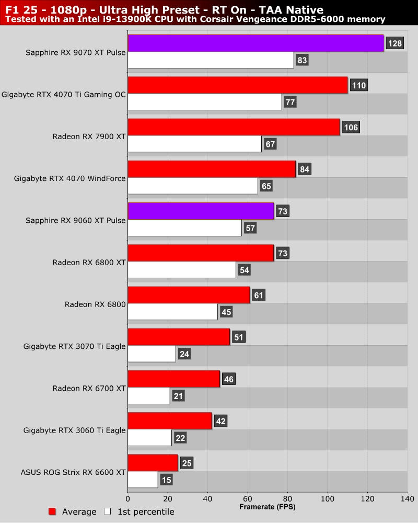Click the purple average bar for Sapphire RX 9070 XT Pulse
coord(256,43)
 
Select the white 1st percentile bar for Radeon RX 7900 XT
coord(194,144)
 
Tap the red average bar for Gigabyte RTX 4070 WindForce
coord(212,169)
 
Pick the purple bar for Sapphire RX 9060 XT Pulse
coord(201,211)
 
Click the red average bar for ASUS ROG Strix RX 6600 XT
coord(153,463)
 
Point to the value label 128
coord(394,43)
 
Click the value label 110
coord(359,85)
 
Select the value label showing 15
coord(167,480)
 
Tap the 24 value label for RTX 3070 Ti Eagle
coord(184,354)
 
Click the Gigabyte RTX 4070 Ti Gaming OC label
coord(64,95)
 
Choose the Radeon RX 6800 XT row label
coord(89,262)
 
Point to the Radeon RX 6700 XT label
coord(89,388)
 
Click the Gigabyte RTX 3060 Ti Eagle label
coord(75,430)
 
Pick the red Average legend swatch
coord(52,511)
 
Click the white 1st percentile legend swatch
coord(108,511)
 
